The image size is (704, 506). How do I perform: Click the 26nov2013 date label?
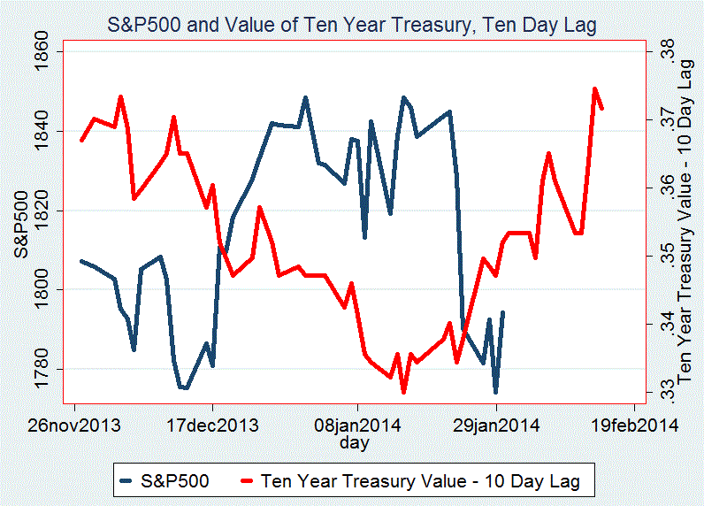tap(74, 425)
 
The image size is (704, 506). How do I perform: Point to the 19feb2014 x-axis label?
tap(635, 425)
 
